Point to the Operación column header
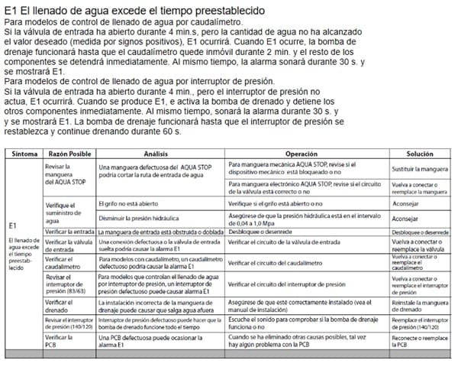pyautogui.click(x=307, y=154)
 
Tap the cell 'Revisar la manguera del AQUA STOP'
pyautogui.click(x=61, y=174)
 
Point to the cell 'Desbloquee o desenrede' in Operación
pyautogui.click(x=258, y=231)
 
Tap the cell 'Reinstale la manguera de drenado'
pyautogui.click(x=419, y=307)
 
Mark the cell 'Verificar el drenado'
pyautogui.click(x=58, y=307)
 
